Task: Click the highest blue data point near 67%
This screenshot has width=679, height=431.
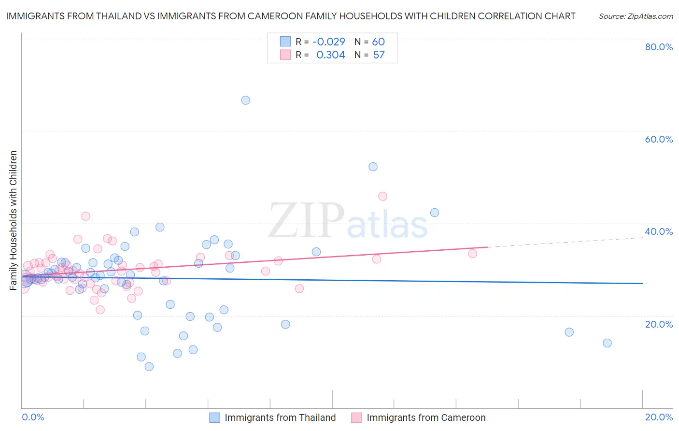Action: click(x=245, y=101)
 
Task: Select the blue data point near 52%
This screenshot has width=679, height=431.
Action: click(x=373, y=167)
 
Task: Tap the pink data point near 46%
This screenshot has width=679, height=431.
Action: click(x=382, y=196)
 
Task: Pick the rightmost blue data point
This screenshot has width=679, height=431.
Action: click(x=607, y=343)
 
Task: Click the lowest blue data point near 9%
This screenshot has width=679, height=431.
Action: click(x=149, y=367)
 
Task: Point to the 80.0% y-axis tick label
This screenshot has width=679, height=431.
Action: click(x=659, y=47)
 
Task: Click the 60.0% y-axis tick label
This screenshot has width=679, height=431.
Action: click(x=659, y=139)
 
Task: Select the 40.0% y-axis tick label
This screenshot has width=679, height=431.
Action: click(x=659, y=231)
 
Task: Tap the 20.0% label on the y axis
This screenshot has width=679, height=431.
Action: click(x=659, y=324)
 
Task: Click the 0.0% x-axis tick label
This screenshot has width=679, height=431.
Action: click(x=33, y=417)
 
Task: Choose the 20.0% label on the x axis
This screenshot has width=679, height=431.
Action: click(x=659, y=417)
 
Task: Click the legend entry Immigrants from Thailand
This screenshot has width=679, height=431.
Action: click(x=280, y=417)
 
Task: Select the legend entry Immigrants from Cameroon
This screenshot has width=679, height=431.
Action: click(x=425, y=417)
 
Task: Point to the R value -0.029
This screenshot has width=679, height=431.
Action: click(x=329, y=42)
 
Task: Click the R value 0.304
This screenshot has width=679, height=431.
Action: click(x=330, y=55)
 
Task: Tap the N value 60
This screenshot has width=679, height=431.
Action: click(x=378, y=42)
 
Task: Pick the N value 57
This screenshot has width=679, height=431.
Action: click(x=379, y=55)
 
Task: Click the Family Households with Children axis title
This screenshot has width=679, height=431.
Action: click(x=14, y=220)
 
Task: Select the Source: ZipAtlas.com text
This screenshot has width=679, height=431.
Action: click(x=636, y=16)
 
